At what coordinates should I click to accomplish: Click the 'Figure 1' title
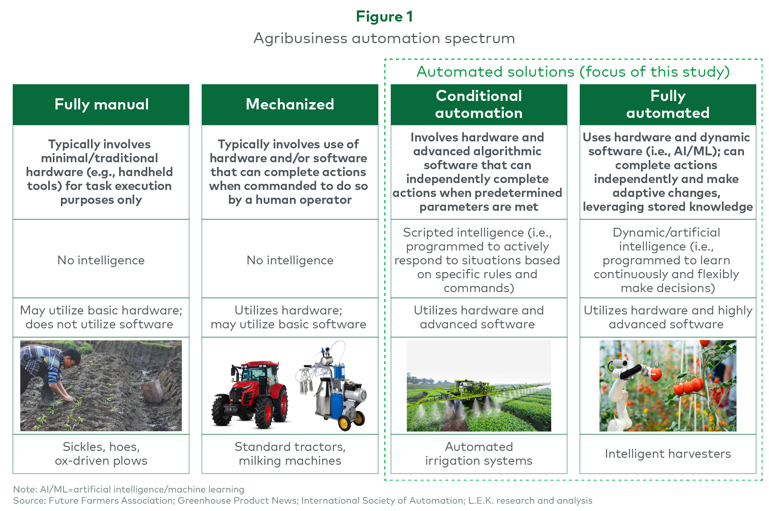click(384, 17)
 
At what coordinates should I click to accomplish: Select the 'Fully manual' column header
click(101, 104)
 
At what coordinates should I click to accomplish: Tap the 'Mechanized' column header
click(290, 104)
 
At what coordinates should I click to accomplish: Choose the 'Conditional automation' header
click(479, 104)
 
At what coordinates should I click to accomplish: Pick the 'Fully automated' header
click(668, 104)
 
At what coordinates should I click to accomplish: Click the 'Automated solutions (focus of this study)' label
click(573, 72)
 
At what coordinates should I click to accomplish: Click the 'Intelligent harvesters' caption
click(668, 454)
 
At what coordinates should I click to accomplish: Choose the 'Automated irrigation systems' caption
click(479, 454)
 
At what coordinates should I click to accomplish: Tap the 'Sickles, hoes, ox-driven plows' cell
click(101, 454)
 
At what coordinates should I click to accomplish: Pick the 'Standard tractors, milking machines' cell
click(290, 454)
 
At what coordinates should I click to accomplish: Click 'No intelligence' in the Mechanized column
click(290, 261)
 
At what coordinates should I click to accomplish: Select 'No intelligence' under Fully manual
click(101, 261)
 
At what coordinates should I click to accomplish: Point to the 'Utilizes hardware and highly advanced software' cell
click(668, 317)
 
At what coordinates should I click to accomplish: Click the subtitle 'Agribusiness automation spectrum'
click(384, 39)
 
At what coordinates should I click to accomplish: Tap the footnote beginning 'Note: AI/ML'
click(129, 489)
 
